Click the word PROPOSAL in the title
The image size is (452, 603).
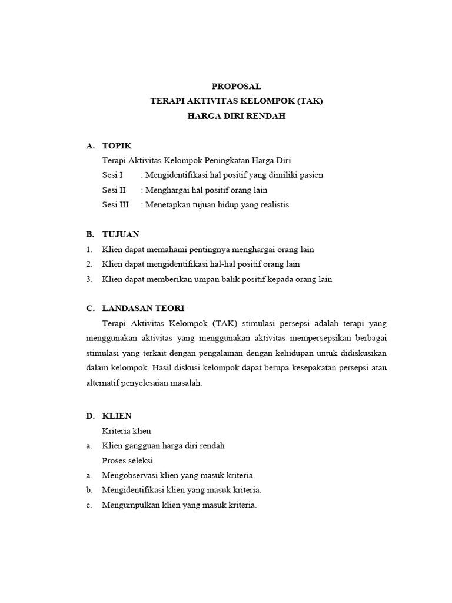(236, 86)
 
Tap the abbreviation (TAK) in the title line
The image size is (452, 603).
(310, 101)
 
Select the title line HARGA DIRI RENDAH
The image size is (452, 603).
(236, 117)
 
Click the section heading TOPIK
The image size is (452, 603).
(117, 145)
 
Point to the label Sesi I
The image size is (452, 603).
(112, 175)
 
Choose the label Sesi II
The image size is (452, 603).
(114, 190)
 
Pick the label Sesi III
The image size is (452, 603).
(115, 205)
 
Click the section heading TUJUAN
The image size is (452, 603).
(121, 234)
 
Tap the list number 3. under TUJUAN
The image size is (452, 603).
(89, 279)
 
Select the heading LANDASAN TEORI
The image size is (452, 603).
(143, 309)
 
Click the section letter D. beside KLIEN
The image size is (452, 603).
(90, 416)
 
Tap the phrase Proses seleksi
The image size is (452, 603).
(128, 460)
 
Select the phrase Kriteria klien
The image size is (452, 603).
(127, 431)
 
